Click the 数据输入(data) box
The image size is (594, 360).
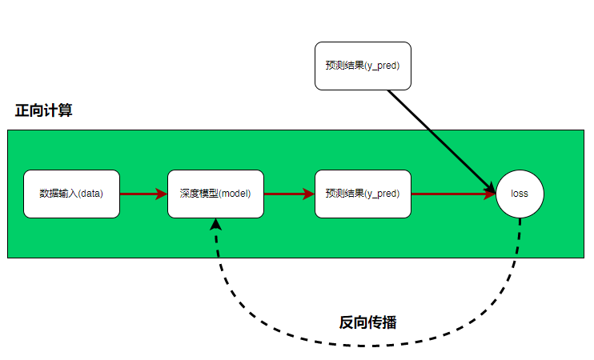coord(71,194)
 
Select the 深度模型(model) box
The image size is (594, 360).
coord(215,194)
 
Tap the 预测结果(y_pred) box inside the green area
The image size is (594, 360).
coord(363,194)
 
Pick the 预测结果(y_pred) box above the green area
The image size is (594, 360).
coord(363,66)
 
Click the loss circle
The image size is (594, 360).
coord(520,194)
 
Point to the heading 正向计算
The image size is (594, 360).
coord(44,111)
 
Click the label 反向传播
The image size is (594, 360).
coord(367,322)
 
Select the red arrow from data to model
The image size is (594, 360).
coord(143,194)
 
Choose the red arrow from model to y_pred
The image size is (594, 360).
coord(288,194)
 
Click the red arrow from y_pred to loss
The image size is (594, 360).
coord(452,194)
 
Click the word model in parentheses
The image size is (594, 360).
coord(235,194)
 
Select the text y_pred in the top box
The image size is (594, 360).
coord(381,66)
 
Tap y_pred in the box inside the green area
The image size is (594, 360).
coord(381,194)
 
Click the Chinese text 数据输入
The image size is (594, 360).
coord(57,194)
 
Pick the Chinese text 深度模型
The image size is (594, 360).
coord(198,194)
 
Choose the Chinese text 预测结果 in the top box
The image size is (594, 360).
coord(344,66)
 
